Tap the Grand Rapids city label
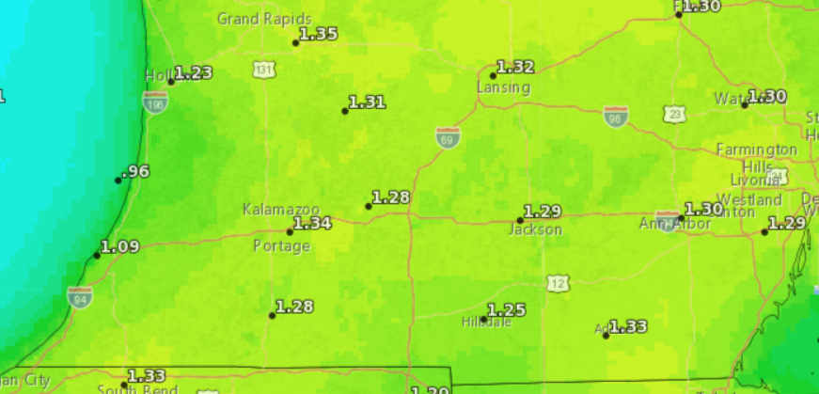click(x=258, y=18)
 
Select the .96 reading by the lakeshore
click(x=136, y=171)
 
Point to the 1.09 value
click(x=119, y=246)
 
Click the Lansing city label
click(x=504, y=87)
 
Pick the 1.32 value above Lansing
click(x=515, y=67)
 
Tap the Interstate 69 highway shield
click(x=448, y=137)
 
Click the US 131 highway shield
click(x=264, y=70)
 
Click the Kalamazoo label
click(x=281, y=208)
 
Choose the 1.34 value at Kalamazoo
click(x=312, y=223)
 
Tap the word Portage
click(x=281, y=246)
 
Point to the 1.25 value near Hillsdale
click(x=506, y=309)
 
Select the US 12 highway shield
click(x=559, y=282)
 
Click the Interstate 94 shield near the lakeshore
click(x=80, y=297)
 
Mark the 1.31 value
click(x=367, y=102)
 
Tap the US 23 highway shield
click(x=673, y=114)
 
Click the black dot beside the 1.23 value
click(x=171, y=82)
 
